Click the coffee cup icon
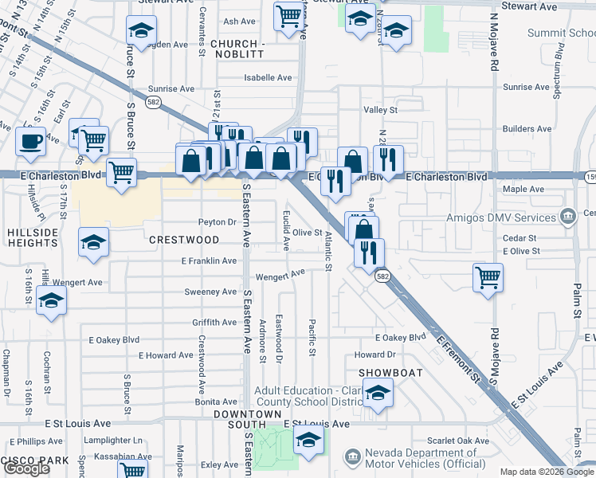point(31,142)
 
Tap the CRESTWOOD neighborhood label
point(184,240)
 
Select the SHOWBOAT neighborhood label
point(390,373)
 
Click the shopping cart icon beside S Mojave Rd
point(488,277)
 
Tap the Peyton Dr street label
point(217,222)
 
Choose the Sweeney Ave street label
point(210,292)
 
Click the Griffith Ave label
point(214,323)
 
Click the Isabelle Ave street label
point(268,78)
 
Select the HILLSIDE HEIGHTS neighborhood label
point(29,238)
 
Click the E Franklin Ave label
point(209,261)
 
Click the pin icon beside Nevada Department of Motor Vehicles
point(351,456)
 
